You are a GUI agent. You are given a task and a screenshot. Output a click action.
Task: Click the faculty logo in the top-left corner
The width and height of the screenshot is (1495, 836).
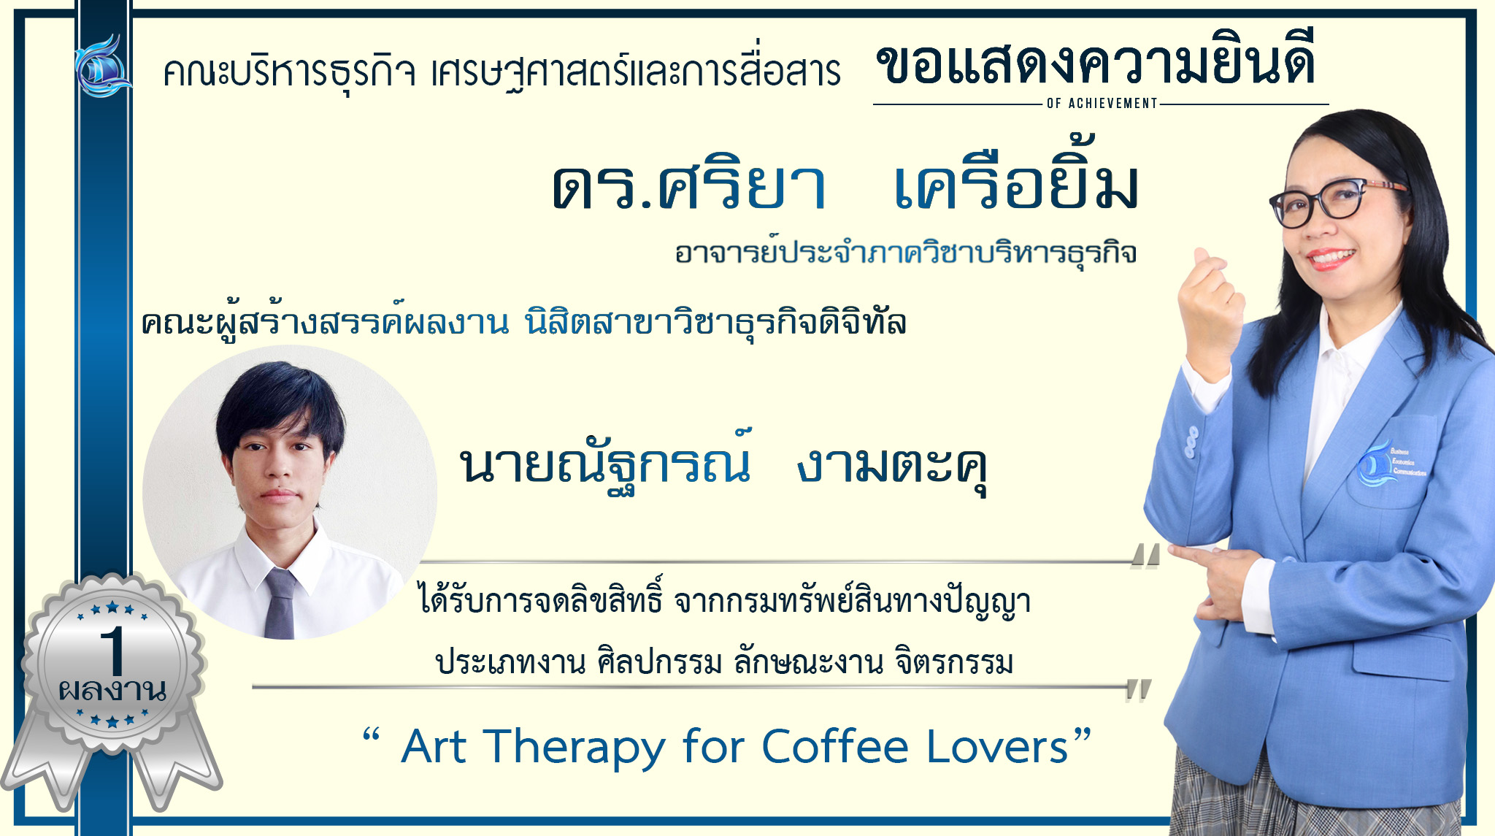click(x=103, y=66)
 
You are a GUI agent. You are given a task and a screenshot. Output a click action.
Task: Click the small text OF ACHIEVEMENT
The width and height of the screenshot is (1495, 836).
click(x=1102, y=104)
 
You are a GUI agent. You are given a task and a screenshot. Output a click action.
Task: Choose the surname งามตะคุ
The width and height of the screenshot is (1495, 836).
click(x=892, y=467)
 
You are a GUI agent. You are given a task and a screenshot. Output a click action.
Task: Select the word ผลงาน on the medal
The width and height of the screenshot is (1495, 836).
click(x=112, y=690)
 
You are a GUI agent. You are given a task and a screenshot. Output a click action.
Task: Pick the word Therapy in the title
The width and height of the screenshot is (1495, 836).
click(x=574, y=748)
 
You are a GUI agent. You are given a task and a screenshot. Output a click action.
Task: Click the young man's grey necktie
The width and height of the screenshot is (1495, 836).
click(x=280, y=603)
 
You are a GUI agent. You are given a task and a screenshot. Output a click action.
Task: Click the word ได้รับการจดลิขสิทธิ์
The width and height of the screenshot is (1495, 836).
click(x=541, y=600)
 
